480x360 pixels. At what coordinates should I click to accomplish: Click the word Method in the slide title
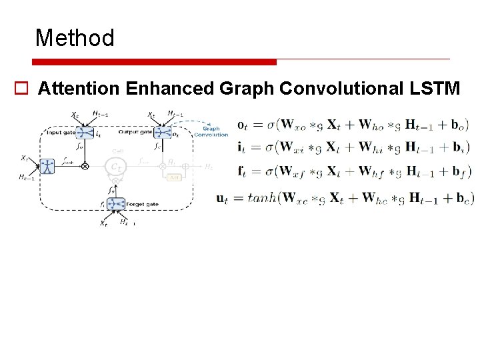click(x=75, y=38)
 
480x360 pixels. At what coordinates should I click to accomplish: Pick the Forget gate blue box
click(x=117, y=203)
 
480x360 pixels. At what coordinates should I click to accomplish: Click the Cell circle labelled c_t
click(x=117, y=165)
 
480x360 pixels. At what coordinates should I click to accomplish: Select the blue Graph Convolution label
click(x=211, y=131)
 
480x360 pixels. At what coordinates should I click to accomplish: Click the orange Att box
click(x=174, y=177)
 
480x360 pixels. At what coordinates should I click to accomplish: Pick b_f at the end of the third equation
click(x=460, y=172)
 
